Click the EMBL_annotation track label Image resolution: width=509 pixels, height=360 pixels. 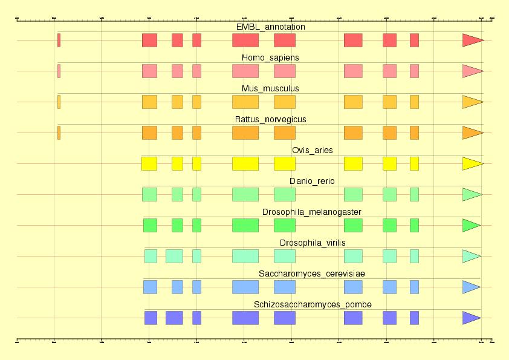270,27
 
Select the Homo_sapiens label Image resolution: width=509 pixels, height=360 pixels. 270,58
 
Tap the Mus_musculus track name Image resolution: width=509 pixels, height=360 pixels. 270,89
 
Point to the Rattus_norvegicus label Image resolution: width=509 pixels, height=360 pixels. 270,120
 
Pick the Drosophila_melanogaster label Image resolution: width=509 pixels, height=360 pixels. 312,212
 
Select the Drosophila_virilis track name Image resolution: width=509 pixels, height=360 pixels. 312,243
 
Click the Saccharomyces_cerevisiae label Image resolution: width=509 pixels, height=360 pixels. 312,274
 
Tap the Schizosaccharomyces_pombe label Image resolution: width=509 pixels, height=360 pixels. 312,305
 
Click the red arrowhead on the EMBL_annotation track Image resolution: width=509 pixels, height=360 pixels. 472,41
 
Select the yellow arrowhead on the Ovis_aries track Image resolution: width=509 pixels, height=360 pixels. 472,164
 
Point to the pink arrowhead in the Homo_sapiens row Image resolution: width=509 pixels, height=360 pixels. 472,71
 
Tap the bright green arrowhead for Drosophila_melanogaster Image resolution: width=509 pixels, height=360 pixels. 470,226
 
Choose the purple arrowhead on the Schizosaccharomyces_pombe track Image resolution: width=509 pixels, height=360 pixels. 470,318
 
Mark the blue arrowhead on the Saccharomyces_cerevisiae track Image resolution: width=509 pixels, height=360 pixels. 470,287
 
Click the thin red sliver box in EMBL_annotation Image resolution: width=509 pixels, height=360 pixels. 59,41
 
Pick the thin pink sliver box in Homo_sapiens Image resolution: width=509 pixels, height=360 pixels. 59,71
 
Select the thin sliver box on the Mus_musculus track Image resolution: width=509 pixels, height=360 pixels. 59,102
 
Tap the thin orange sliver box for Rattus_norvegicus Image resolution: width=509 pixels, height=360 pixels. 59,133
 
